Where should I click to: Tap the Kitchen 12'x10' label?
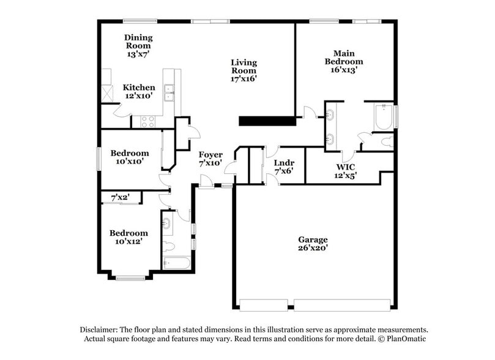(139, 92)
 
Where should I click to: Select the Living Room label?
(244, 70)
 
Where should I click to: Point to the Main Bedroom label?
(343, 61)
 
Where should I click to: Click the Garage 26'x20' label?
(313, 244)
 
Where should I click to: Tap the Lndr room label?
(284, 167)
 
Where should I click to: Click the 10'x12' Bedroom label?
(128, 237)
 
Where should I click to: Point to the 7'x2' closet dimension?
(121, 198)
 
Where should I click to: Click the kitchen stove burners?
(148, 121)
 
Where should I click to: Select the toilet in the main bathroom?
(385, 142)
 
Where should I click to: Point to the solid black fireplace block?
(267, 121)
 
